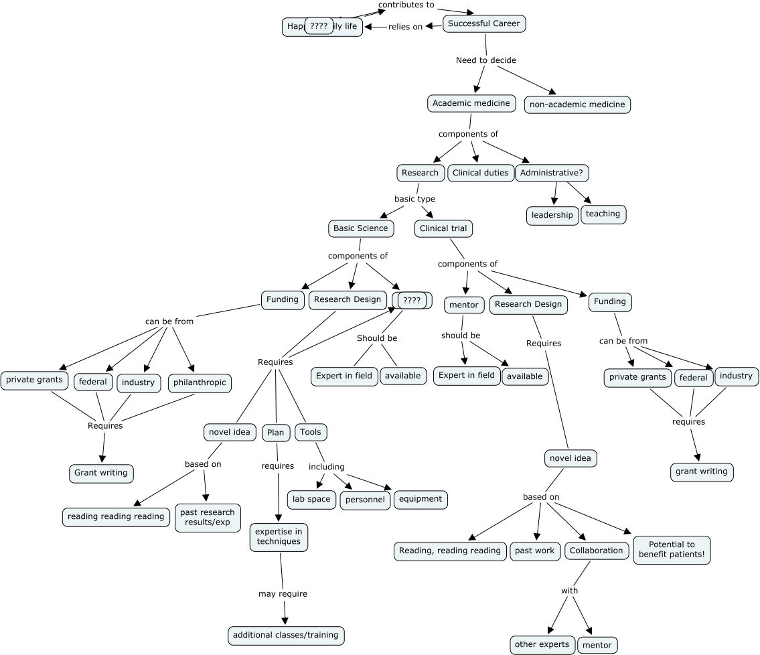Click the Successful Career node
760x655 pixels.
pyautogui.click(x=484, y=24)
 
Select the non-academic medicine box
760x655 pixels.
pyautogui.click(x=577, y=104)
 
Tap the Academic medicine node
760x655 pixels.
pyautogui.click(x=471, y=103)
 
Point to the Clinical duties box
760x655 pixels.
pyautogui.click(x=480, y=173)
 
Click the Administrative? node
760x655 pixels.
pyautogui.click(x=552, y=173)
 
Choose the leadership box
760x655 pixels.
pyautogui.click(x=552, y=215)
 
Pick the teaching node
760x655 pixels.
pyautogui.click(x=603, y=214)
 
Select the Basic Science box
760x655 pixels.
pyautogui.click(x=360, y=228)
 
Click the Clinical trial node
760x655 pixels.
pyautogui.click(x=443, y=228)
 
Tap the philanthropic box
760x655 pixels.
pyautogui.click(x=200, y=383)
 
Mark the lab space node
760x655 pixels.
pyautogui.click(x=311, y=499)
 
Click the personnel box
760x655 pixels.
pyautogui.click(x=365, y=500)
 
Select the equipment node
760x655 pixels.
pyautogui.click(x=421, y=499)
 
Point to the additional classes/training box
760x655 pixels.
pyautogui.click(x=286, y=634)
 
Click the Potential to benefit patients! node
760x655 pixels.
pyautogui.click(x=672, y=550)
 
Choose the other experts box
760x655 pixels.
pyautogui.click(x=542, y=645)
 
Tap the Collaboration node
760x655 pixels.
pyautogui.click(x=596, y=551)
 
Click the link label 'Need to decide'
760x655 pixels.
pyautogui.click(x=486, y=60)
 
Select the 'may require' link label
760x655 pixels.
pyautogui.click(x=283, y=593)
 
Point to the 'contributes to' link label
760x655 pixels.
pyautogui.click(x=406, y=5)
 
